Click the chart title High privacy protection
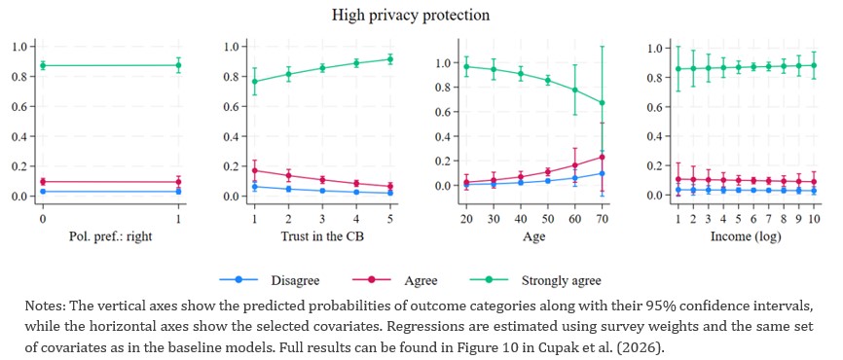click(410, 15)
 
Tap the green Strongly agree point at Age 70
click(603, 102)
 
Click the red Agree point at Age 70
click(603, 157)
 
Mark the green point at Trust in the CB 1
click(255, 82)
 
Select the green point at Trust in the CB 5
click(390, 59)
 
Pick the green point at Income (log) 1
click(678, 69)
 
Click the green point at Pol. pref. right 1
click(178, 65)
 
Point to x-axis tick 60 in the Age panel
click(575, 219)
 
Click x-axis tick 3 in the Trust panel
click(322, 219)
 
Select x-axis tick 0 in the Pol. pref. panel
click(42, 219)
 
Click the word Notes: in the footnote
click(42, 306)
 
